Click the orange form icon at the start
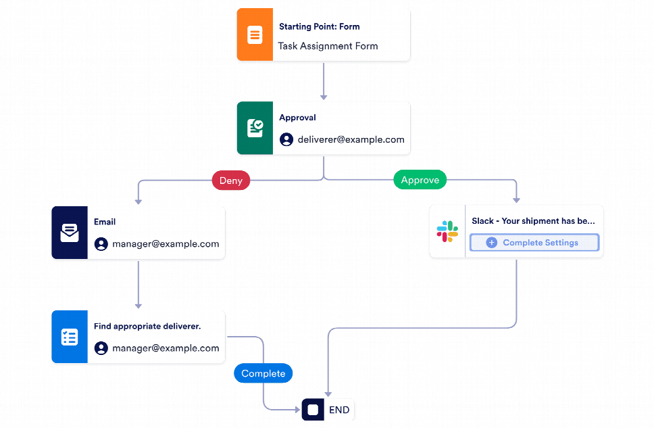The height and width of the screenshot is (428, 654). [255, 35]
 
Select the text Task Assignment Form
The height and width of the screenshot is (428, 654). [328, 46]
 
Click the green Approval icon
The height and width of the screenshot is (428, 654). [255, 128]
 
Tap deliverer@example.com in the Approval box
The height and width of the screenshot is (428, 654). [351, 139]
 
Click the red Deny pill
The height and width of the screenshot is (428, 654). [231, 181]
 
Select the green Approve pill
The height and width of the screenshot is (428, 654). [420, 180]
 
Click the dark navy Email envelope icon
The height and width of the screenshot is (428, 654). [70, 233]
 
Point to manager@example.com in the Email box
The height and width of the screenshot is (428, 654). [166, 244]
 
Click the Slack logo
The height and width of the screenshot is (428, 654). [447, 231]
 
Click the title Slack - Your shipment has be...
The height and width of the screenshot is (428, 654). [533, 221]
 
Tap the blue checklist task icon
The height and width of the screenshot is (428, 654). [70, 337]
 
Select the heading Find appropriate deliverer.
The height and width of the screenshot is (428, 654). [147, 326]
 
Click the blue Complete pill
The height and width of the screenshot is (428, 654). [263, 373]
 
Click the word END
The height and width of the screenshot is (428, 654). [339, 410]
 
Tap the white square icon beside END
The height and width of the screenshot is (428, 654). [313, 410]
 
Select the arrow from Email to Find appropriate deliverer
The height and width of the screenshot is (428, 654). [138, 284]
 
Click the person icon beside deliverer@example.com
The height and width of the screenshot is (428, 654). [286, 139]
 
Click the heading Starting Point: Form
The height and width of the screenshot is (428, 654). [319, 27]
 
